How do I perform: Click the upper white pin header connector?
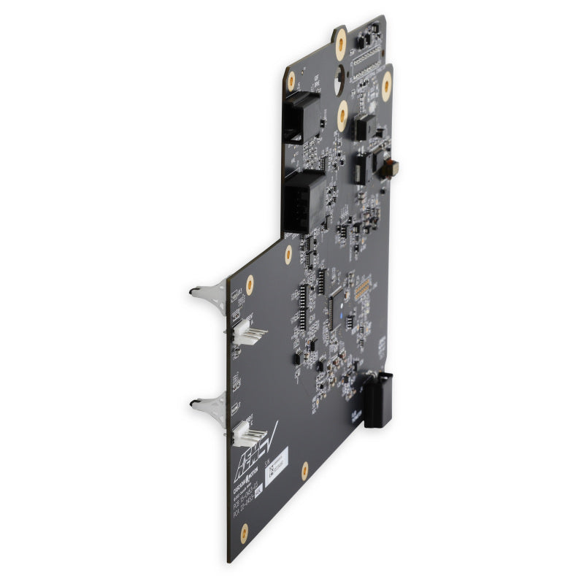click(x=247, y=334)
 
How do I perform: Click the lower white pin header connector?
click(x=247, y=437)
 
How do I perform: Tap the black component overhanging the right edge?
click(x=377, y=399)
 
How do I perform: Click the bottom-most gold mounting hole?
click(x=244, y=531)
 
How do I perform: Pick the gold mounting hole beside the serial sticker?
click(x=304, y=470)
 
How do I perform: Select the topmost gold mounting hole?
click(x=340, y=45)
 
